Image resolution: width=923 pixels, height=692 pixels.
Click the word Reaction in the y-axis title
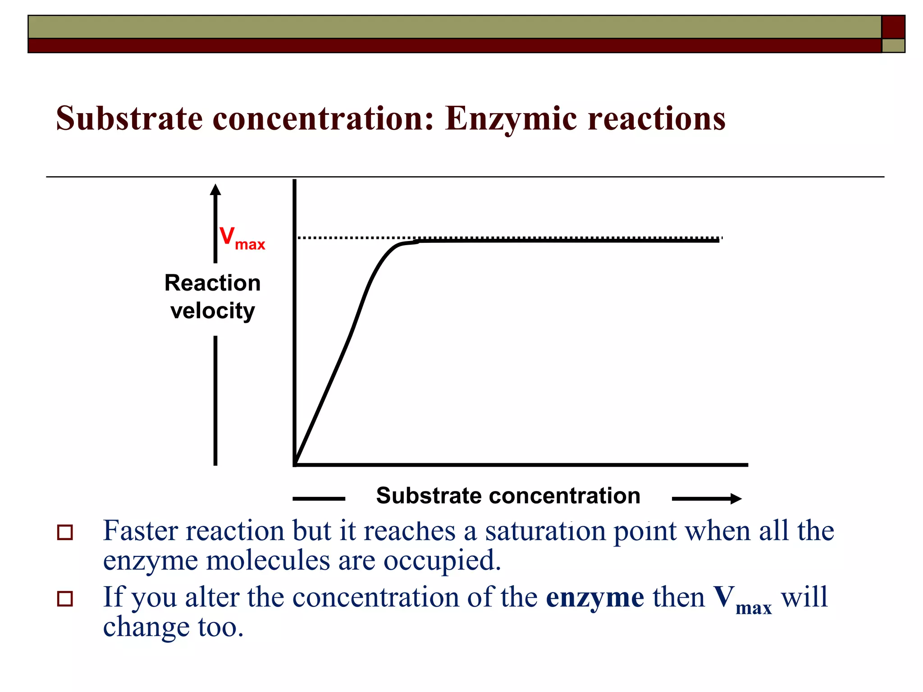point(212,283)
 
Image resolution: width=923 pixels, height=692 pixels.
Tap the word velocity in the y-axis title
point(212,311)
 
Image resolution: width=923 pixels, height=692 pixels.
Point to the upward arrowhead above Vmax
point(215,190)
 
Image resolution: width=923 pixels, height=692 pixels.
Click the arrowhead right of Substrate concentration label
point(736,498)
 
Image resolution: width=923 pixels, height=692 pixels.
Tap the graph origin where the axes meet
point(295,464)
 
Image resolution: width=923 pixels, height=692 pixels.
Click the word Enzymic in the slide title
point(511,118)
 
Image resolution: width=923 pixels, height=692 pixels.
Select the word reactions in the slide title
point(657,118)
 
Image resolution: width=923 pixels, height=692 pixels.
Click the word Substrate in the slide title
point(129,118)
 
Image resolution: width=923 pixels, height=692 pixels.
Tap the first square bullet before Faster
point(65,533)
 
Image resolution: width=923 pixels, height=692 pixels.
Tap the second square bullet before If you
point(65,599)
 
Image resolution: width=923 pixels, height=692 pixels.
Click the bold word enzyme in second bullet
point(594,598)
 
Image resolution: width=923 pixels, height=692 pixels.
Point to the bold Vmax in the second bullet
point(742,599)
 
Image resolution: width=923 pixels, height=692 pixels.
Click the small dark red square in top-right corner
point(893,27)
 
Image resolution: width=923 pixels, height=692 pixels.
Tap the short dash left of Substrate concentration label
point(319,498)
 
